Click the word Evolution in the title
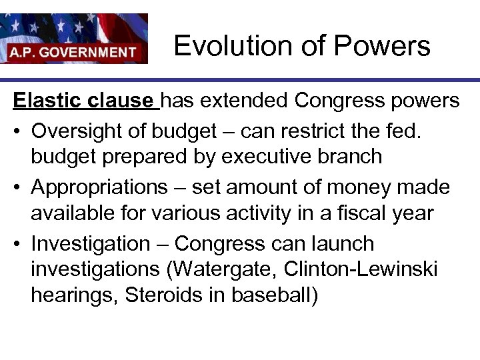[217, 46]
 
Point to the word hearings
[70, 295]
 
